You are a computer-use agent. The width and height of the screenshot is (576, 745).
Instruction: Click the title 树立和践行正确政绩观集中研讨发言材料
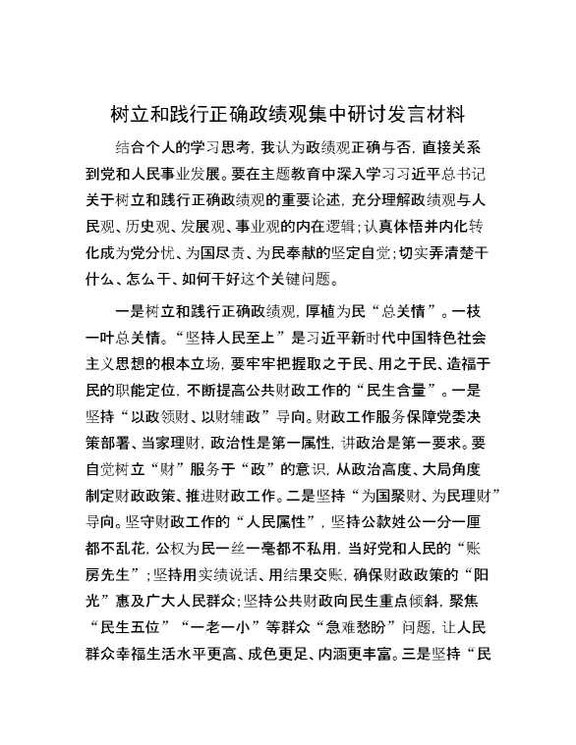288,114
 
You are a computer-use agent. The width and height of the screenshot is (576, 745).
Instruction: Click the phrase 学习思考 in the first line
213,148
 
